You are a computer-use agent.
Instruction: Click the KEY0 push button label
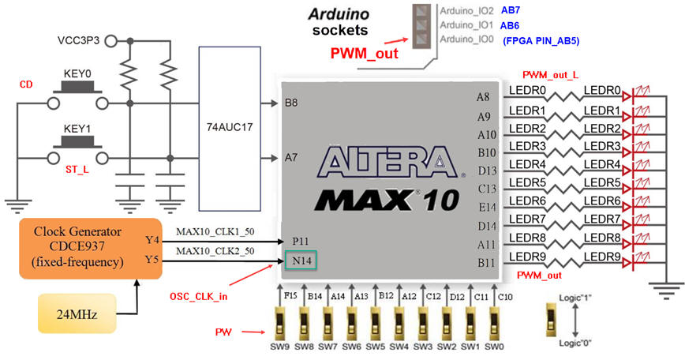[77, 73]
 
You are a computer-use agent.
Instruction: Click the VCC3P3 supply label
[79, 40]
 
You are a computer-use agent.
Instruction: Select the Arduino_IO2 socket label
[466, 11]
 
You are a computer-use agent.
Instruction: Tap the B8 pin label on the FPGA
[290, 102]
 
